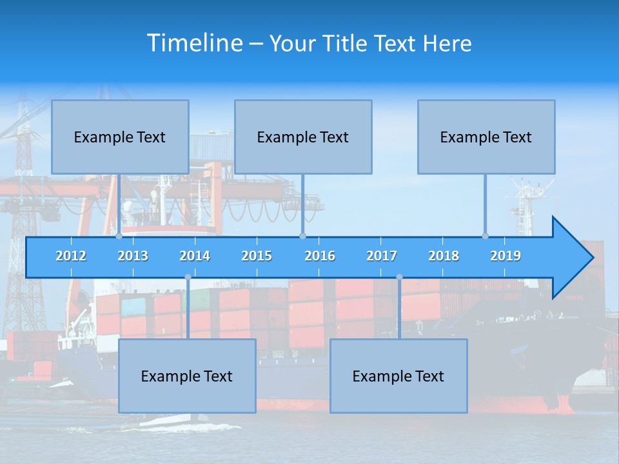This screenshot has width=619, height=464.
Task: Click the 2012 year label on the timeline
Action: coord(71,256)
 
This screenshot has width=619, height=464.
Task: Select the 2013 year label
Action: coord(133,256)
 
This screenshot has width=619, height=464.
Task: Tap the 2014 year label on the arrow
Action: coord(195,256)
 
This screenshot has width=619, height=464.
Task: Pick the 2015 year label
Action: coord(257,256)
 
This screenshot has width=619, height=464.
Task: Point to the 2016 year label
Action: coord(320,256)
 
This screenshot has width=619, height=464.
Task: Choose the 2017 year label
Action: coord(382,256)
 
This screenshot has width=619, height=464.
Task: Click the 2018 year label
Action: coord(444,256)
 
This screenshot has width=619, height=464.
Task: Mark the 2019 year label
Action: coord(506,256)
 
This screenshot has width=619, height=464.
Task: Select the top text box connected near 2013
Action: coord(120,137)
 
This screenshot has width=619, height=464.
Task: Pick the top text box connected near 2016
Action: coord(303,137)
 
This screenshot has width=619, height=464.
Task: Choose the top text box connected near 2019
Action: coord(486,137)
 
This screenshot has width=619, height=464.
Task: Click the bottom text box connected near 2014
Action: coord(187,376)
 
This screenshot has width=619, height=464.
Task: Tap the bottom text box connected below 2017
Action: coord(398,376)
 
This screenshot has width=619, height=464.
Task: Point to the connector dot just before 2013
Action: coord(119,236)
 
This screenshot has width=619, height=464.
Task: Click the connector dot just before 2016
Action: coord(302,236)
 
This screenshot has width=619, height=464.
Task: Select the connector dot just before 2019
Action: coord(486,236)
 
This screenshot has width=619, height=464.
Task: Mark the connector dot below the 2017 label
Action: coord(399,277)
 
